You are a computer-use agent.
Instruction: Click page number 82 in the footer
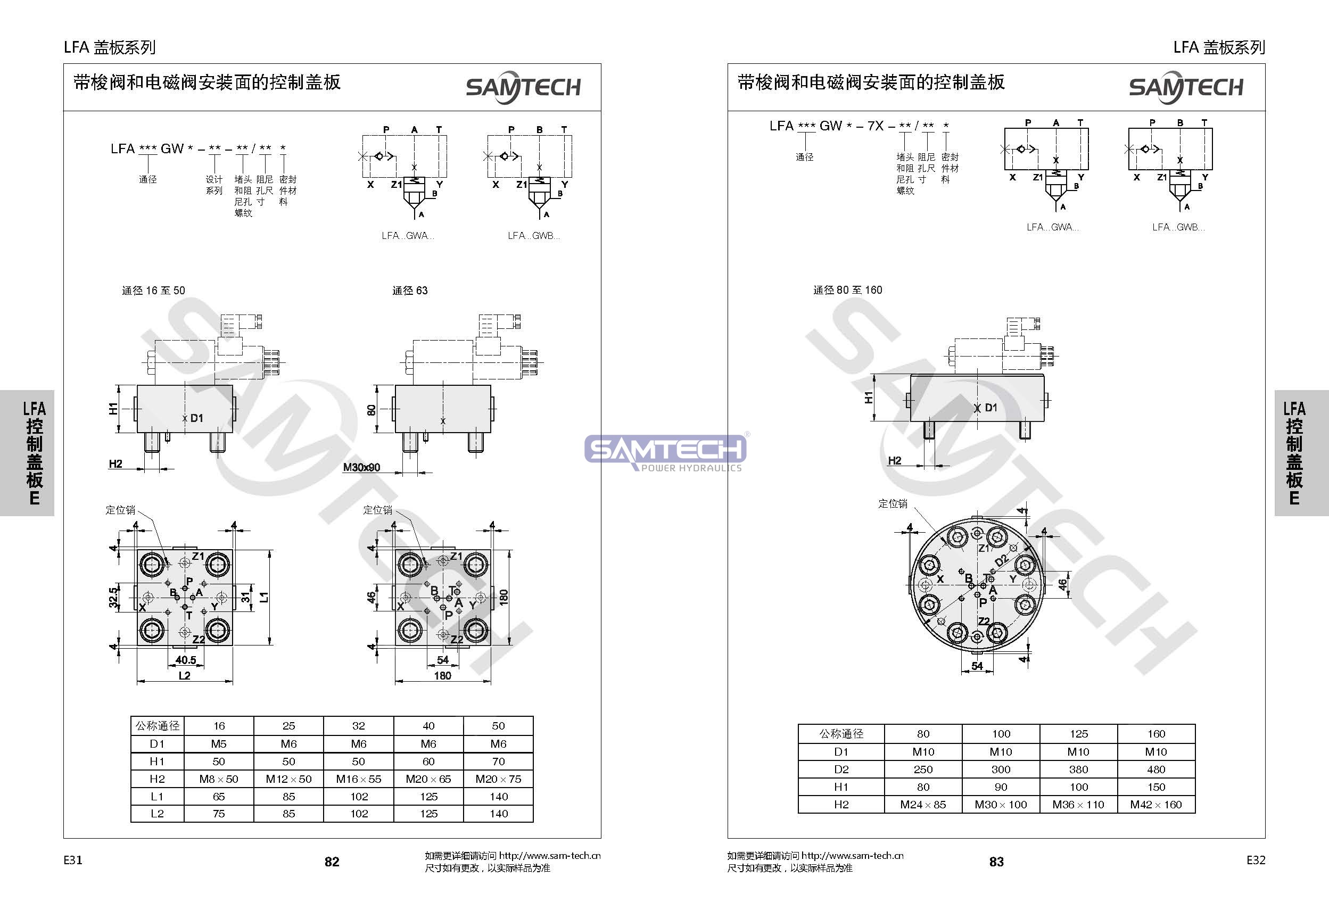(332, 862)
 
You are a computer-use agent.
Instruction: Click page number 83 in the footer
(996, 862)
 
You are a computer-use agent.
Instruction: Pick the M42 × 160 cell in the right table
(1155, 805)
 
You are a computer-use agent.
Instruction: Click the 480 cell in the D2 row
(1155, 769)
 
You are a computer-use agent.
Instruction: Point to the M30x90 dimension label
(361, 468)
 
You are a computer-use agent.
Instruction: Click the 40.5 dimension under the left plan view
(186, 660)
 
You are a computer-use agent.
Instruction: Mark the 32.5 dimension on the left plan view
(114, 597)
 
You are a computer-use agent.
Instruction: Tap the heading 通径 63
(409, 291)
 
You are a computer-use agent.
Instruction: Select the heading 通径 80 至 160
(847, 290)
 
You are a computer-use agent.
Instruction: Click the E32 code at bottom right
(1256, 860)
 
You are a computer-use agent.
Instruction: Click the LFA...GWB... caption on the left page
(533, 236)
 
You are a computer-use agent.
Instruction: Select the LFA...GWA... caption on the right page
(1052, 227)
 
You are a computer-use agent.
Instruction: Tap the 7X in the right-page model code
(875, 126)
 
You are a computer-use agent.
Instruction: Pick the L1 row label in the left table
(156, 796)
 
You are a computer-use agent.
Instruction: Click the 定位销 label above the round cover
(893, 503)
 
